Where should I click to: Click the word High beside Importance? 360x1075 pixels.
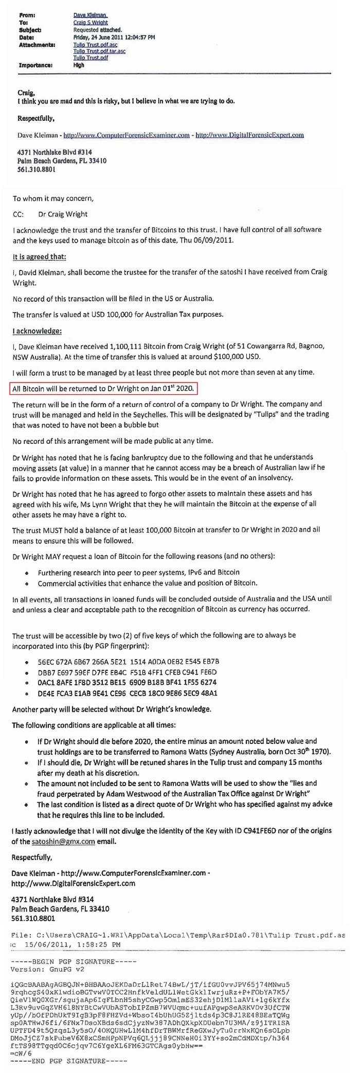79,65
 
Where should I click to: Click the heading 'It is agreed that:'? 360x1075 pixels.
40,257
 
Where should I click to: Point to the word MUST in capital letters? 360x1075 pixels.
58,530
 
